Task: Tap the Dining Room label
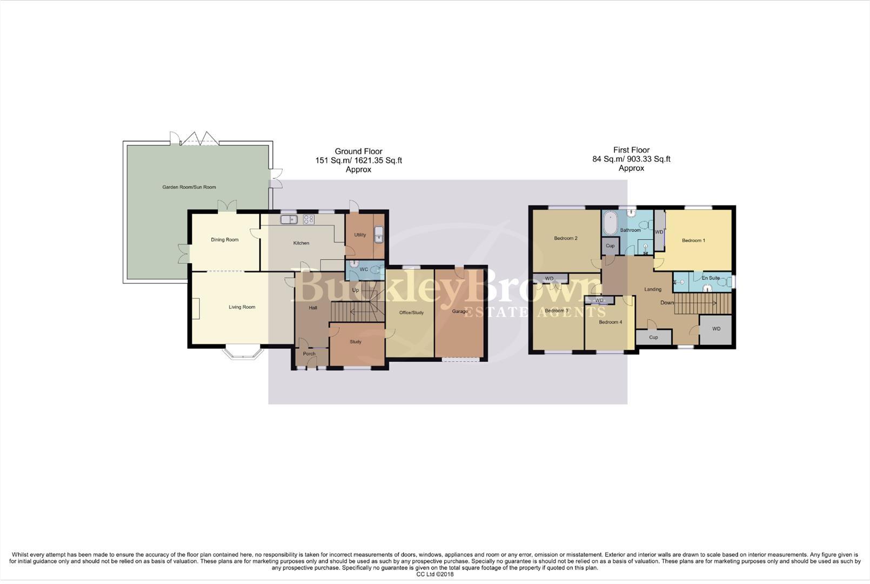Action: [224, 240]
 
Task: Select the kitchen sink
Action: [289, 220]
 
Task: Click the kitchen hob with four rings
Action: [309, 220]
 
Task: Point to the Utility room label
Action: [360, 235]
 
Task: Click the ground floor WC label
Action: [364, 269]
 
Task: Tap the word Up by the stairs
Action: [356, 290]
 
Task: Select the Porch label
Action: [309, 354]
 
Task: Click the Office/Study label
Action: [411, 313]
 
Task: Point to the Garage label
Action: [460, 311]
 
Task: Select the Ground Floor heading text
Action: [358, 151]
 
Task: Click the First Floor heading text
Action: [631, 150]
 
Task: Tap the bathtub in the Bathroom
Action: [611, 223]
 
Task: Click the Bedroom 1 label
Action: [693, 240]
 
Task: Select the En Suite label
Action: [711, 278]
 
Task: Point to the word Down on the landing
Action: [667, 303]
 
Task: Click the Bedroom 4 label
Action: [610, 322]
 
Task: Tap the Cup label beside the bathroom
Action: [610, 245]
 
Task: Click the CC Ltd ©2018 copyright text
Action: [434, 574]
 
